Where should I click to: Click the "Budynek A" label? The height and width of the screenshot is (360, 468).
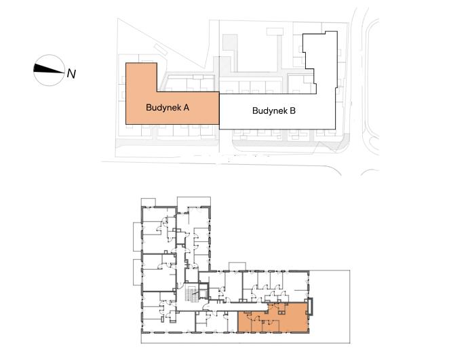click(168, 107)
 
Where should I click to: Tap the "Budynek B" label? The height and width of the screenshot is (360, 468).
click(274, 111)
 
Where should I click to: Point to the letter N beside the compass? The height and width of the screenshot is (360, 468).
click(71, 74)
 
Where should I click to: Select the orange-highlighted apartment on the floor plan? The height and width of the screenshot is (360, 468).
click(273, 318)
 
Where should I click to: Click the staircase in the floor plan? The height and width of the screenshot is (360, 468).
click(191, 293)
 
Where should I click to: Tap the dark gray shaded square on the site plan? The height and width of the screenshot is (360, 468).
click(230, 42)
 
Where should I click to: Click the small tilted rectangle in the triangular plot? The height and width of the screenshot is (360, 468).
click(160, 49)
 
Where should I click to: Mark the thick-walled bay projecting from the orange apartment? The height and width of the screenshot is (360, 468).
click(311, 306)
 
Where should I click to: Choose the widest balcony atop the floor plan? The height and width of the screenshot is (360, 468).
click(194, 202)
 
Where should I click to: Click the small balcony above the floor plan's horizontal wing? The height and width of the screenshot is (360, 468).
click(237, 266)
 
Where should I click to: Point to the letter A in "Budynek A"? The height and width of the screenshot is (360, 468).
click(186, 107)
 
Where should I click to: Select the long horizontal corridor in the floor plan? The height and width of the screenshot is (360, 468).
click(235, 307)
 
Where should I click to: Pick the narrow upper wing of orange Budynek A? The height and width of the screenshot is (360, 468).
click(142, 77)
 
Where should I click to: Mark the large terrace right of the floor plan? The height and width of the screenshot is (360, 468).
click(330, 306)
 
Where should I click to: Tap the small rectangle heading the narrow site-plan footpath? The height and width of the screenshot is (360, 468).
click(274, 32)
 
